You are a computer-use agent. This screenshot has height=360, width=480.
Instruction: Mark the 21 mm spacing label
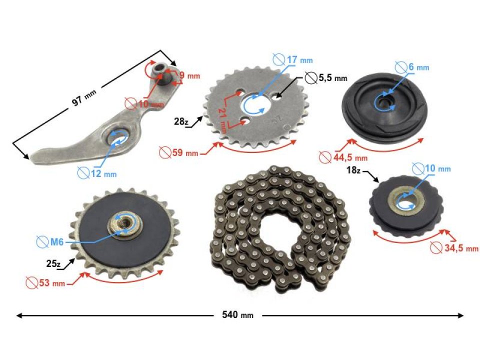pos(222,118)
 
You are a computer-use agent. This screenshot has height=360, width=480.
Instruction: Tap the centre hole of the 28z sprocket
pos(258,103)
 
